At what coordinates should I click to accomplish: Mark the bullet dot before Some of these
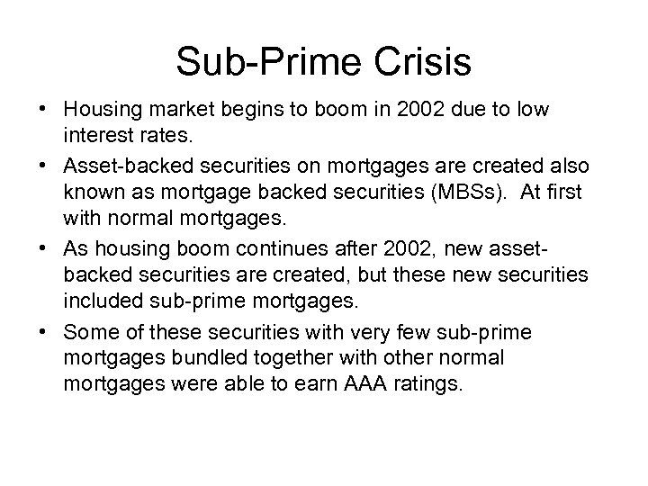(x=46, y=333)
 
